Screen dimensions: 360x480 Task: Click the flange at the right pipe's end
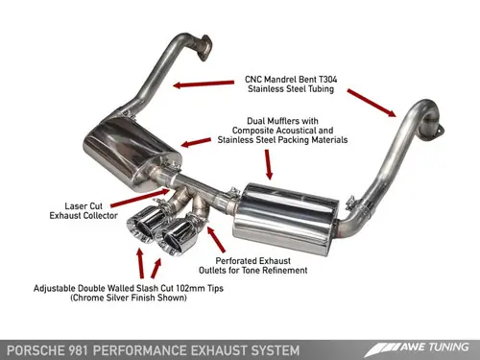(x=435, y=132)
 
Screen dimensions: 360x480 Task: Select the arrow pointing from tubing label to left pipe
(x=202, y=84)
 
